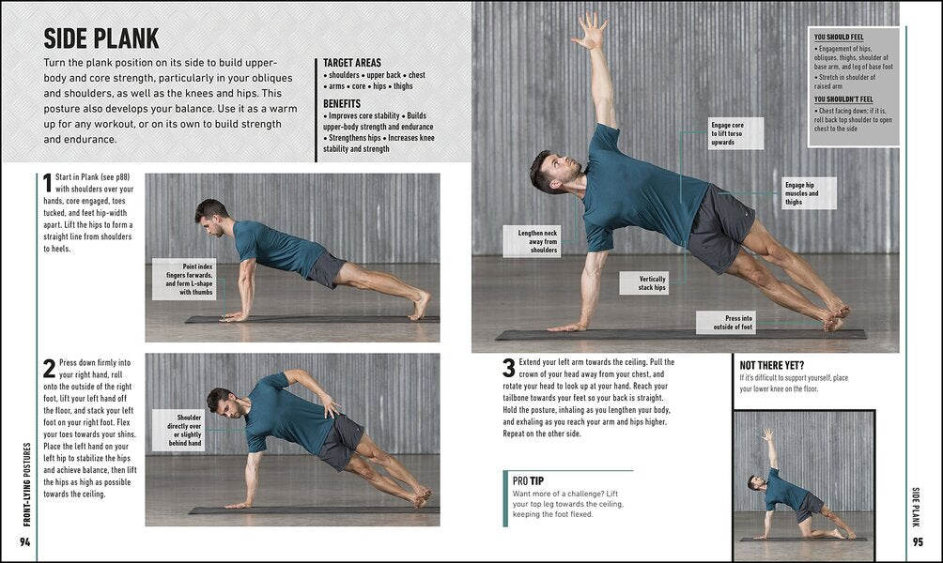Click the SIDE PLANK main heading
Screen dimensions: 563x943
pyautogui.click(x=101, y=38)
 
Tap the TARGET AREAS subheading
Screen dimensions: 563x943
pyautogui.click(x=352, y=63)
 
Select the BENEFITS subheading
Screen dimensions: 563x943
pyautogui.click(x=343, y=103)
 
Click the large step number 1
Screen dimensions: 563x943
pyautogui.click(x=47, y=184)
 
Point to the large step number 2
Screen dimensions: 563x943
pyautogui.click(x=49, y=368)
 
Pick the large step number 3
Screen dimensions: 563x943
pyautogui.click(x=508, y=368)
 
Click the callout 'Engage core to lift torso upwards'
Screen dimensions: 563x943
pyautogui.click(x=735, y=133)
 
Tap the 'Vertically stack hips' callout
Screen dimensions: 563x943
pyautogui.click(x=644, y=282)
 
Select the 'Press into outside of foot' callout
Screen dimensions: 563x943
pyautogui.click(x=725, y=323)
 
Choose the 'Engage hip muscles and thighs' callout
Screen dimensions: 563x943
pyautogui.click(x=807, y=193)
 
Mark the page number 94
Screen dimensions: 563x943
pyautogui.click(x=25, y=544)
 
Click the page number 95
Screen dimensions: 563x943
pyautogui.click(x=918, y=544)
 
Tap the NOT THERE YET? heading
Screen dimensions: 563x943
pyautogui.click(x=772, y=365)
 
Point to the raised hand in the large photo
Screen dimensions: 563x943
pyautogui.click(x=591, y=31)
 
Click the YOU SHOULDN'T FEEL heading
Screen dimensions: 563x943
pyautogui.click(x=843, y=99)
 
